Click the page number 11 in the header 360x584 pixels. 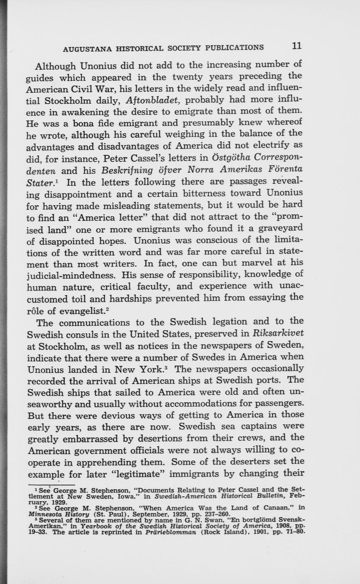tap(296, 46)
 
